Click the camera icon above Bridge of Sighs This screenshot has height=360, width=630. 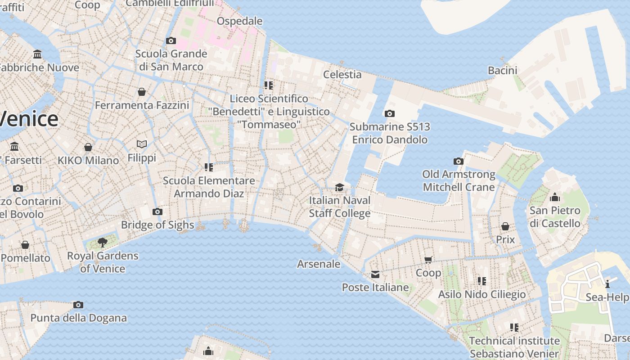coord(157,211)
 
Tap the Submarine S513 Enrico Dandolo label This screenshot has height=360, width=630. coord(390,133)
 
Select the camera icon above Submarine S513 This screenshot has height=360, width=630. coord(390,114)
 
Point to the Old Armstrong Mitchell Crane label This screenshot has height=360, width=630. coord(459,180)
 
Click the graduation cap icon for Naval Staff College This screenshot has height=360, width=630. coord(339,187)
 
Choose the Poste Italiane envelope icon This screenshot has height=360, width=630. coord(375,274)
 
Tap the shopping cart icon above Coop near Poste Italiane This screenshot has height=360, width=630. coord(428,260)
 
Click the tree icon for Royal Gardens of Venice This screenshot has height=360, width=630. coord(103,243)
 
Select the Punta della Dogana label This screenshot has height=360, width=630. coord(78,318)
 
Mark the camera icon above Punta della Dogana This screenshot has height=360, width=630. coord(78,305)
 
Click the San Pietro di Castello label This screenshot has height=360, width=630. coord(555,217)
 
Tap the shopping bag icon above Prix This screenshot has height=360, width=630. coord(505,226)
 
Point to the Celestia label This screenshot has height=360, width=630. coord(342,74)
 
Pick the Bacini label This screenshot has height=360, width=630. coord(503,70)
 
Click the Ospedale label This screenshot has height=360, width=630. coord(239,21)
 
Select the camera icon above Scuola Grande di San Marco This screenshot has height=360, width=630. coord(171,41)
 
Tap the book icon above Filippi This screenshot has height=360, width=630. coord(142,144)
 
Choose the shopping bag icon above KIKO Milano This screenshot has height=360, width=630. coord(88,147)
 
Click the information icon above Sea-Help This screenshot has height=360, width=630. coord(607,284)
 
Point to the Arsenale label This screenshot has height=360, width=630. coord(319,264)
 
